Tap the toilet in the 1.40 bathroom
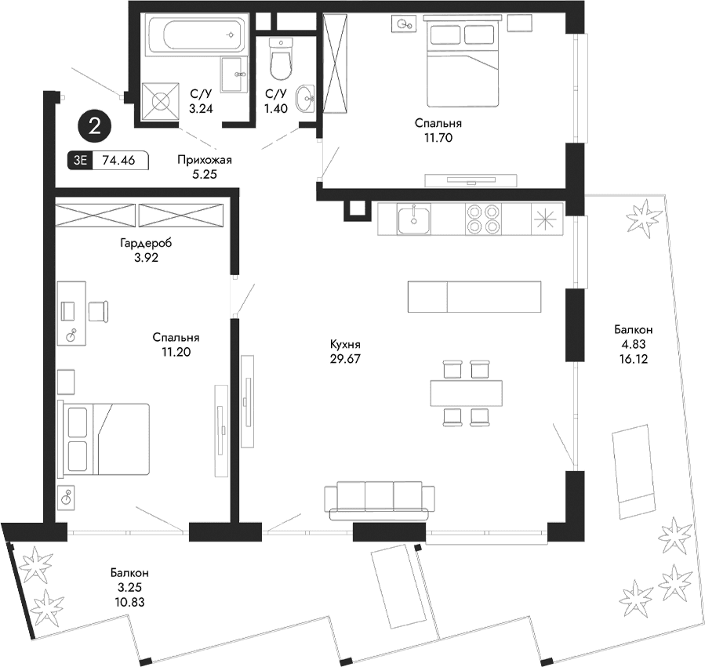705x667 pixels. coord(282,58)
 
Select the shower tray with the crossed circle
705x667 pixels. coord(160,102)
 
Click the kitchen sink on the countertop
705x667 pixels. coord(413,219)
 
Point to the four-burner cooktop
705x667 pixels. coord(483,219)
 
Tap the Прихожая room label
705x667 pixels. coord(205,160)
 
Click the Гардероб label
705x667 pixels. coord(146,243)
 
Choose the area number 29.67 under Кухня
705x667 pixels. coord(345,359)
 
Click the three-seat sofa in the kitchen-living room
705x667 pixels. coord(380,501)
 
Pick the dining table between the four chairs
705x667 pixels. coord(467,393)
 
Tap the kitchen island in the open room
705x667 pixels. coord(474,296)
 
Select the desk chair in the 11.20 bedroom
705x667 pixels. coord(99,311)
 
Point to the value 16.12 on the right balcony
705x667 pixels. coord(633,359)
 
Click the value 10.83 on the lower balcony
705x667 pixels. coord(129,602)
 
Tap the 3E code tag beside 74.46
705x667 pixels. coord(80,160)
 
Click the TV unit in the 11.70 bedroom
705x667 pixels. coord(471,180)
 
